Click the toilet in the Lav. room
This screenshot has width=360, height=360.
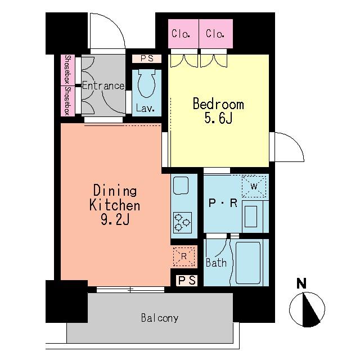coord(146,83)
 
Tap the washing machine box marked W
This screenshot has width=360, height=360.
coord(254,186)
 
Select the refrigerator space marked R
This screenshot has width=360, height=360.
coord(184,256)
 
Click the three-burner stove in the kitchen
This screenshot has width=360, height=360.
coord(182,223)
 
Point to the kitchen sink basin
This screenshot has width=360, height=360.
coord(181,186)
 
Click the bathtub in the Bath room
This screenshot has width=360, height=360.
coord(248,263)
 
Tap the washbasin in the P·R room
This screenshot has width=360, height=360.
coord(251,216)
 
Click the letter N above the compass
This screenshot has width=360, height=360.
coord(301,283)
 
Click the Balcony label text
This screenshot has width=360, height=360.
coord(160,318)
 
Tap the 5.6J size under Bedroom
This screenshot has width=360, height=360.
coord(218,119)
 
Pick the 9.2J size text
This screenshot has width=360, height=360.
coord(115,220)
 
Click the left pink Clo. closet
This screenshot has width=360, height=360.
coord(183,34)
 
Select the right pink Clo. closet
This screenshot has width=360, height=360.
coord(216,34)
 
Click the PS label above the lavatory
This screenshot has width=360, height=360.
coord(147,58)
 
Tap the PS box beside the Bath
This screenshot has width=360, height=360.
coord(187,280)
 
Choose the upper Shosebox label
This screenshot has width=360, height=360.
coord(67,70)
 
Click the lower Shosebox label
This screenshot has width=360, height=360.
coord(67,101)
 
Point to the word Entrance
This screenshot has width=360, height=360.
coord(103,86)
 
